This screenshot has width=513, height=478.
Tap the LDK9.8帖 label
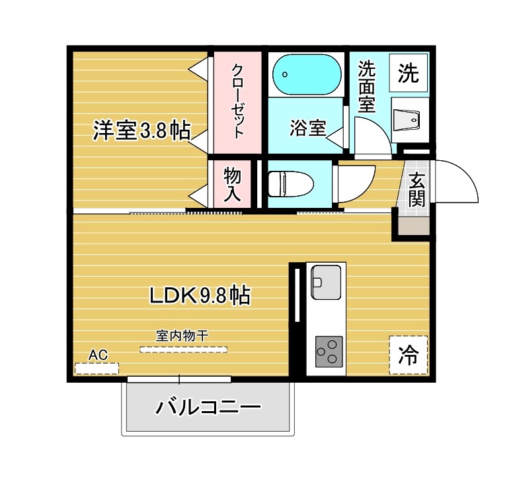198,296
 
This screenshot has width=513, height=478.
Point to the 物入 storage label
232,183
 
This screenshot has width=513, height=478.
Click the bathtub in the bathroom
305,74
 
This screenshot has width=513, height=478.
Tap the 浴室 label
307,128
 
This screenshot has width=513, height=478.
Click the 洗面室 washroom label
368,87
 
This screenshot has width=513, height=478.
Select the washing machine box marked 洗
408,73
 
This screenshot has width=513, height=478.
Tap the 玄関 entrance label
416,190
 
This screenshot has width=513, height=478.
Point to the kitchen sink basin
326,279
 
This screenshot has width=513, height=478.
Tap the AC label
98,354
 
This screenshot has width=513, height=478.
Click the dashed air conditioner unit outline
97,367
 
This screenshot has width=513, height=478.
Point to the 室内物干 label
182,336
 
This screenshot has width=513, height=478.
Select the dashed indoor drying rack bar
182,349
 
